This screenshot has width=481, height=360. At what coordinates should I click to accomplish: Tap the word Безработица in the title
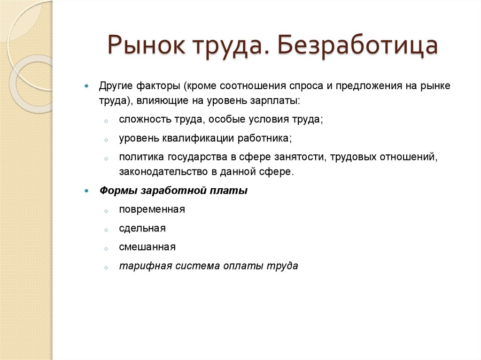click(357, 46)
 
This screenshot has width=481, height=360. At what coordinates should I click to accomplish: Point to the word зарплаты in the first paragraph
click(276, 100)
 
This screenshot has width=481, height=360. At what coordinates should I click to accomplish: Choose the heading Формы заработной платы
click(173, 191)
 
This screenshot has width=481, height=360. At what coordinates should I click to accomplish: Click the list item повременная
click(152, 210)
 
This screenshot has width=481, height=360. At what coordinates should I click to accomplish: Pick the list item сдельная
click(142, 229)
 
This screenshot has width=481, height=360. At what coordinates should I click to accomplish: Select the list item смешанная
click(147, 247)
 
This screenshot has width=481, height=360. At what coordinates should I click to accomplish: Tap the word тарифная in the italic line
click(139, 266)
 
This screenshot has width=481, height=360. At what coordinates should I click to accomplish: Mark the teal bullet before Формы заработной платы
click(86, 191)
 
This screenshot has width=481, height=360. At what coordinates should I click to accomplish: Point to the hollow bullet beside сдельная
click(107, 230)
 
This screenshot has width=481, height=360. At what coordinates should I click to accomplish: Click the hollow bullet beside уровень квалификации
click(107, 139)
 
